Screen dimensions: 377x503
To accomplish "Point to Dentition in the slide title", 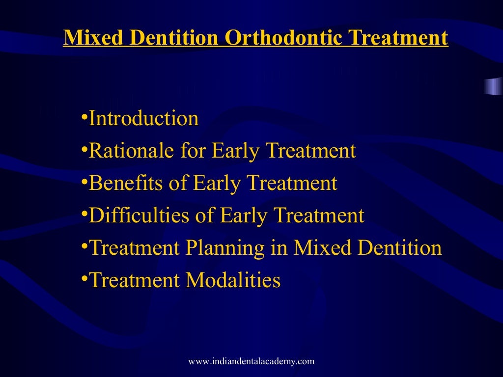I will pyautogui.click(x=173, y=38).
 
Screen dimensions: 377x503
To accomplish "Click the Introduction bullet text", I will pyautogui.click(x=143, y=119).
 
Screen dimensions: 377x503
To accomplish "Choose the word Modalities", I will pyautogui.click(x=233, y=281).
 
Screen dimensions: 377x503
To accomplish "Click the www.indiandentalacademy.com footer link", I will pyautogui.click(x=251, y=362).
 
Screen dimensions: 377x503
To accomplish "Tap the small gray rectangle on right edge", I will pyautogui.click(x=493, y=86).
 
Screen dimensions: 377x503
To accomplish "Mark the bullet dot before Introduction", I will pyautogui.click(x=84, y=116).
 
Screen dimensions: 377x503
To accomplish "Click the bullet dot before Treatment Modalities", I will pyautogui.click(x=84, y=278).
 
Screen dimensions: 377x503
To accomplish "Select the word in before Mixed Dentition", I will pyautogui.click(x=279, y=248).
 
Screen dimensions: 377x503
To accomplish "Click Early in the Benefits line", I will pyautogui.click(x=215, y=184).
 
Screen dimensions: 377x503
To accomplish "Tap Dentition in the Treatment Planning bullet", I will pyautogui.click(x=399, y=248).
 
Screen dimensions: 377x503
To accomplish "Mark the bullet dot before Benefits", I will pyautogui.click(x=84, y=181).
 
